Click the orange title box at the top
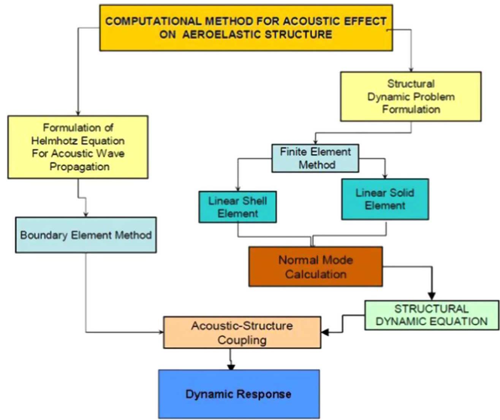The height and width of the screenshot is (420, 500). point(246,28)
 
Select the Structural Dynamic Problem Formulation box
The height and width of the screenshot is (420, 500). point(410,96)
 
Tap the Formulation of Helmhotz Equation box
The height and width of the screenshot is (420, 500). point(78,147)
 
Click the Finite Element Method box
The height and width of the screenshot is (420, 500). point(315,158)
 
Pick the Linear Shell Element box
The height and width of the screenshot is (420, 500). point(237,207)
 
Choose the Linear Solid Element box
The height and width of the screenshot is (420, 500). point(385,199)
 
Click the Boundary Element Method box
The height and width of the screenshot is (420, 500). point(86,235)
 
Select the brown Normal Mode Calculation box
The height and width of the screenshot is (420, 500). point(315,267)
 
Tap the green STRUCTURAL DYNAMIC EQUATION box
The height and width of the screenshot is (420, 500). point(432,315)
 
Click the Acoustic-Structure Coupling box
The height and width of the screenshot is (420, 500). point(242,333)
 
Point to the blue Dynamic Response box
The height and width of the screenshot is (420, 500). point(239,394)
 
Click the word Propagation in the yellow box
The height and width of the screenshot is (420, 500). point(79,167)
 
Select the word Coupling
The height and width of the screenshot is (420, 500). point(242,340)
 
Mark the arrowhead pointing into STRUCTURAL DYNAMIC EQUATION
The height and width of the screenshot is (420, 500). point(432,296)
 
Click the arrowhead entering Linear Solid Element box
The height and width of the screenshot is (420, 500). point(385,176)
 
